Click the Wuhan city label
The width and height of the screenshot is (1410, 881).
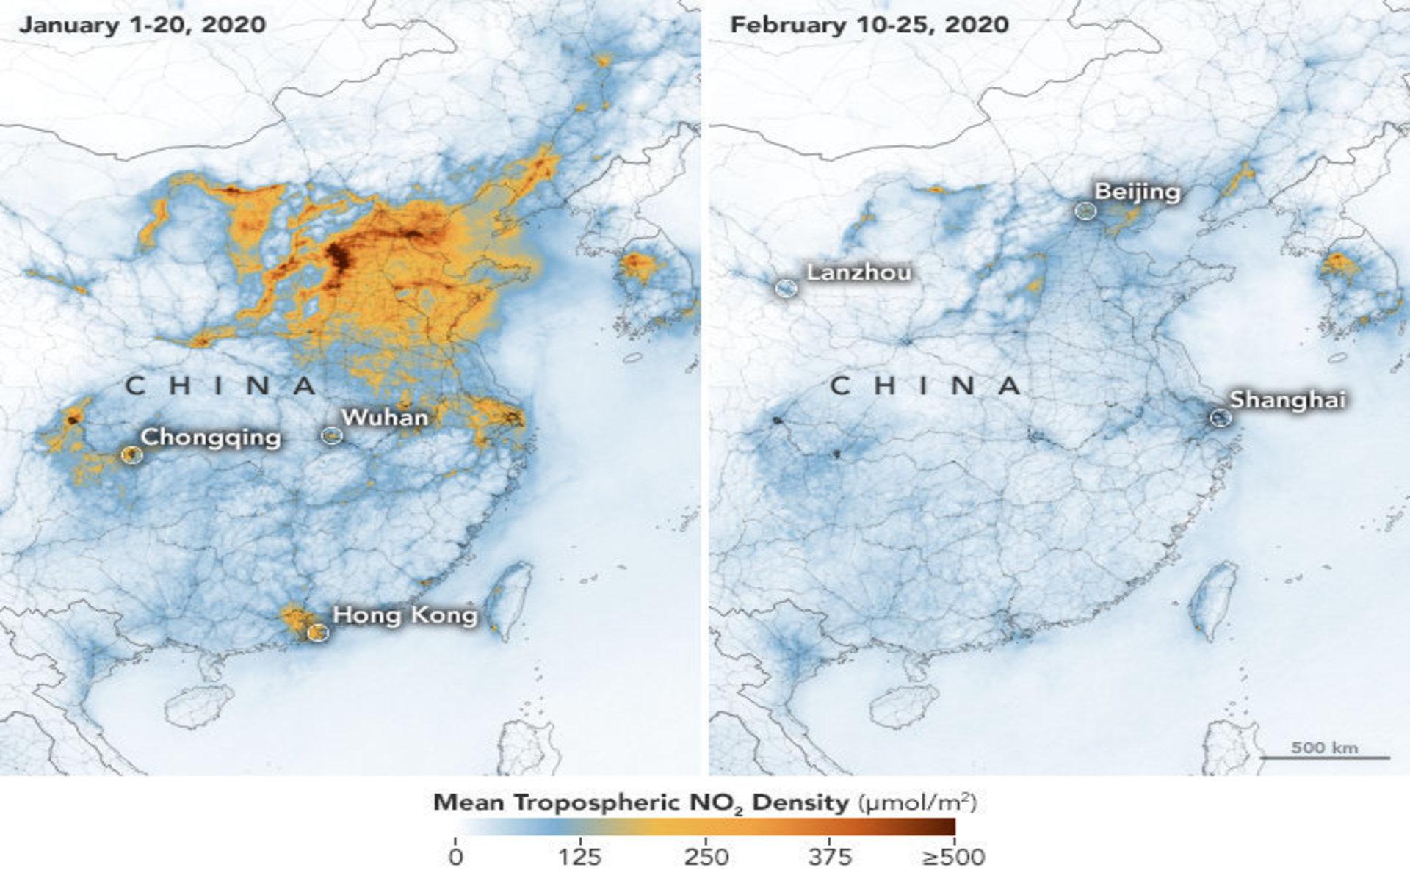384,417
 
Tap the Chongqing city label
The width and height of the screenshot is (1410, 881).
211,437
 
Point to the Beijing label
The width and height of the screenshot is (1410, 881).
1138,192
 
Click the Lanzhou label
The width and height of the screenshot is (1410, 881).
858,272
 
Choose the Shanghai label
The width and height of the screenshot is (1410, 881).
1287,399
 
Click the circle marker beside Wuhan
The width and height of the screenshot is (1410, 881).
331,435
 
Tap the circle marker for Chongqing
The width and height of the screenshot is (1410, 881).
131,454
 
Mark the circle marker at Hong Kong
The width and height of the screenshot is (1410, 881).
317,631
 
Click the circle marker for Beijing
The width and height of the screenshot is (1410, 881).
1085,211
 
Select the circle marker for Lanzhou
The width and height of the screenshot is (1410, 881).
786,288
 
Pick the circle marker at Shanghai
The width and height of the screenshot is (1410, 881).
1220,418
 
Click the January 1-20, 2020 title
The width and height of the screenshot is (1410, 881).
142,25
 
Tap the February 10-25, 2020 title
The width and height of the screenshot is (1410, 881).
869,25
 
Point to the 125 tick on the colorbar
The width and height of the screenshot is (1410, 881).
580,856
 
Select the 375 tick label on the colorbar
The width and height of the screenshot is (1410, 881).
830,856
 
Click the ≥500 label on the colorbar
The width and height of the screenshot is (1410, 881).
953,856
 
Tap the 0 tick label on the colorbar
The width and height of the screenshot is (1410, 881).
456,856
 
